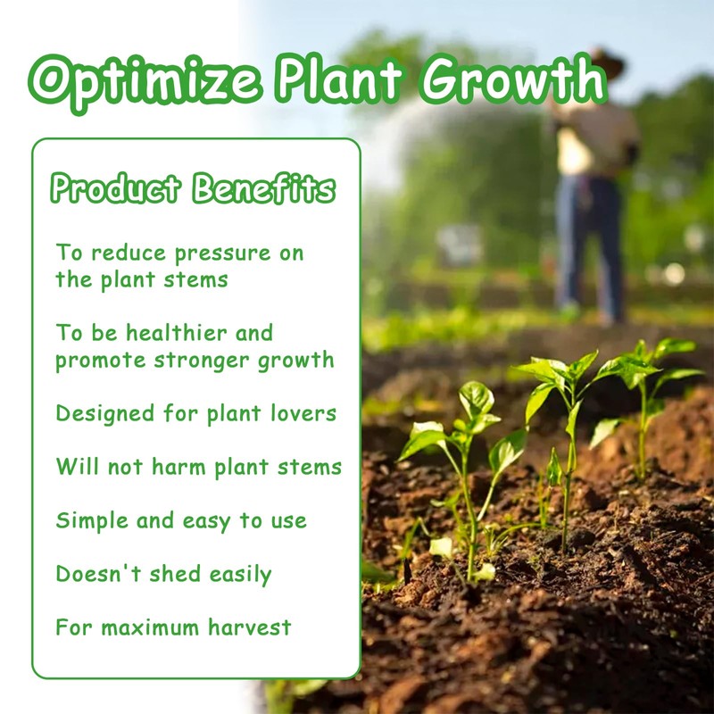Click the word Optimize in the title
coord(145,82)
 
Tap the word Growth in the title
coord(514,79)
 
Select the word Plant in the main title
coord(340,79)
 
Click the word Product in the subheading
coord(116,188)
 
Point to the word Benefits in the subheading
coord(264,187)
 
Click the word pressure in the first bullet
coord(223,254)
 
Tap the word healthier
coord(177,332)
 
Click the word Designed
coord(104,413)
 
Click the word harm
coord(178,467)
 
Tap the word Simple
coord(92,521)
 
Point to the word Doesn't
coord(98,574)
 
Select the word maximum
coord(150,628)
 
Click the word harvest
coord(250,627)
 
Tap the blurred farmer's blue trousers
coord(589,246)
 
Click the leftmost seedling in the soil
coord(460,478)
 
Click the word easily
coord(240,575)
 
